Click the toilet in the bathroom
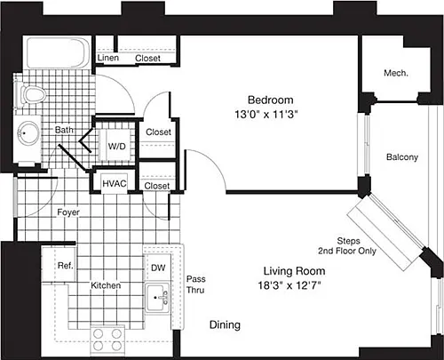(x=31, y=95)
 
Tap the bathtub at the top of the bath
(x=57, y=52)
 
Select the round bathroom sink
(x=28, y=133)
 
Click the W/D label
(x=116, y=146)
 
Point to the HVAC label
(x=115, y=183)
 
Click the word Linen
(x=108, y=58)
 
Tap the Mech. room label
(x=396, y=73)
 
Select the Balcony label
(x=402, y=157)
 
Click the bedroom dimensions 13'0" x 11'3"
(x=266, y=114)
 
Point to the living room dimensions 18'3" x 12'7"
(x=289, y=285)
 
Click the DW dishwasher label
(x=158, y=268)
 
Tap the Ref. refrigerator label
(x=65, y=266)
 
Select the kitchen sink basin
(x=157, y=298)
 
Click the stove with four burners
(x=107, y=340)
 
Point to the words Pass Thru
(x=195, y=284)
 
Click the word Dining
(x=225, y=325)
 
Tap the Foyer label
(x=68, y=212)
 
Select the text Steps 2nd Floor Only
(x=347, y=246)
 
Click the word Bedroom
(x=271, y=100)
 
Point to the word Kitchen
(x=106, y=285)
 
